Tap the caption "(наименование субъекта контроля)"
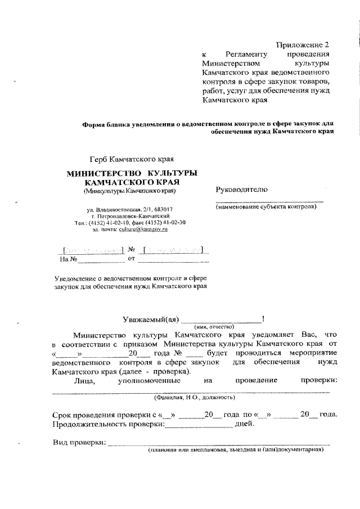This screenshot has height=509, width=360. tap(266, 207)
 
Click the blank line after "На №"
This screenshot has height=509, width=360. tap(101, 260)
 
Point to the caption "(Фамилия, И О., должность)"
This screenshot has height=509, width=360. tap(195, 397)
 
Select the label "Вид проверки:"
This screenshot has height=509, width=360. tap(79, 444)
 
